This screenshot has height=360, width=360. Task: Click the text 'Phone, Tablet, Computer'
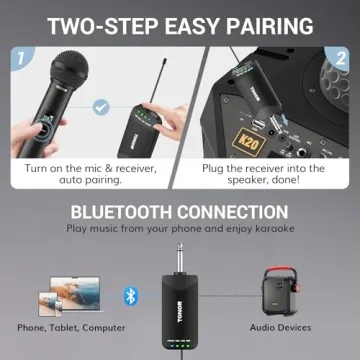66,327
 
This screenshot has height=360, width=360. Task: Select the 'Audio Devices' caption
281,327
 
